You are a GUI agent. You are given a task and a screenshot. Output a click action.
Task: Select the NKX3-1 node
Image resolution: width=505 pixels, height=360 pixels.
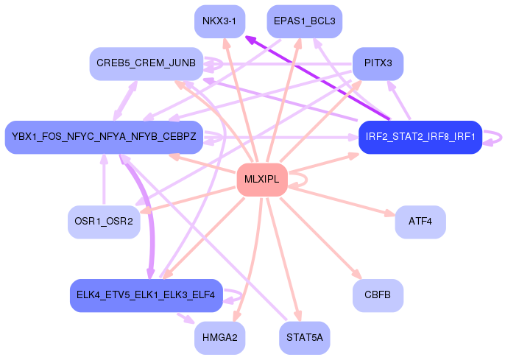click(x=219, y=21)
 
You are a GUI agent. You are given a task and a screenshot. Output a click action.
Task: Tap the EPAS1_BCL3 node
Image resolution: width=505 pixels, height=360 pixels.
click(x=304, y=21)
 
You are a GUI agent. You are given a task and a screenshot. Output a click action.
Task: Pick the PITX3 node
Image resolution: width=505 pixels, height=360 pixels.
click(x=378, y=64)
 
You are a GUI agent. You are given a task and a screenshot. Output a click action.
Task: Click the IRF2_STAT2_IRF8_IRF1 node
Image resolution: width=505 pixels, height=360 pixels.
click(x=420, y=137)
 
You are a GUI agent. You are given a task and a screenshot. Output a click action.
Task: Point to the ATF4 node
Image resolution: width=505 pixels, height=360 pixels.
click(x=420, y=222)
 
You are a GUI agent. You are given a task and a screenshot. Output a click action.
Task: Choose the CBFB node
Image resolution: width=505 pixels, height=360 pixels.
click(x=378, y=295)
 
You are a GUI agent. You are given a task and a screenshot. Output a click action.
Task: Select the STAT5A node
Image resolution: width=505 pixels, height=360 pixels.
click(x=305, y=339)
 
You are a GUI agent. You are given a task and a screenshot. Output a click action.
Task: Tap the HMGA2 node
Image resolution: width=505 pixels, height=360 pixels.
click(x=219, y=339)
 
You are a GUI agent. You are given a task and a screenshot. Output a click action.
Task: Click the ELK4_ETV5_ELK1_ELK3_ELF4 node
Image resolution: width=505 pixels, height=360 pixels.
click(x=146, y=295)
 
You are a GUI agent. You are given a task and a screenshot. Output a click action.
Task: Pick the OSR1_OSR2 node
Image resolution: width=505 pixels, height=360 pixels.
click(x=104, y=222)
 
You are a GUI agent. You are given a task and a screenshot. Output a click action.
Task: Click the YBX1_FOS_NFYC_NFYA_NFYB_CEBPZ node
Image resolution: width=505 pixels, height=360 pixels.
click(x=104, y=137)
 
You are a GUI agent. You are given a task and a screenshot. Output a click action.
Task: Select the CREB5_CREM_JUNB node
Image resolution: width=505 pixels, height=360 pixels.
click(x=146, y=64)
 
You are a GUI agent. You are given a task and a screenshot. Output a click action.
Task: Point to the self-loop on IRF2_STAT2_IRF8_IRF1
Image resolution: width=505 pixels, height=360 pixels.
click(x=493, y=137)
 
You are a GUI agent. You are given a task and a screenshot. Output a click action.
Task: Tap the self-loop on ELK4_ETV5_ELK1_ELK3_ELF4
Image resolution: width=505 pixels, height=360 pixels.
click(x=235, y=295)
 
